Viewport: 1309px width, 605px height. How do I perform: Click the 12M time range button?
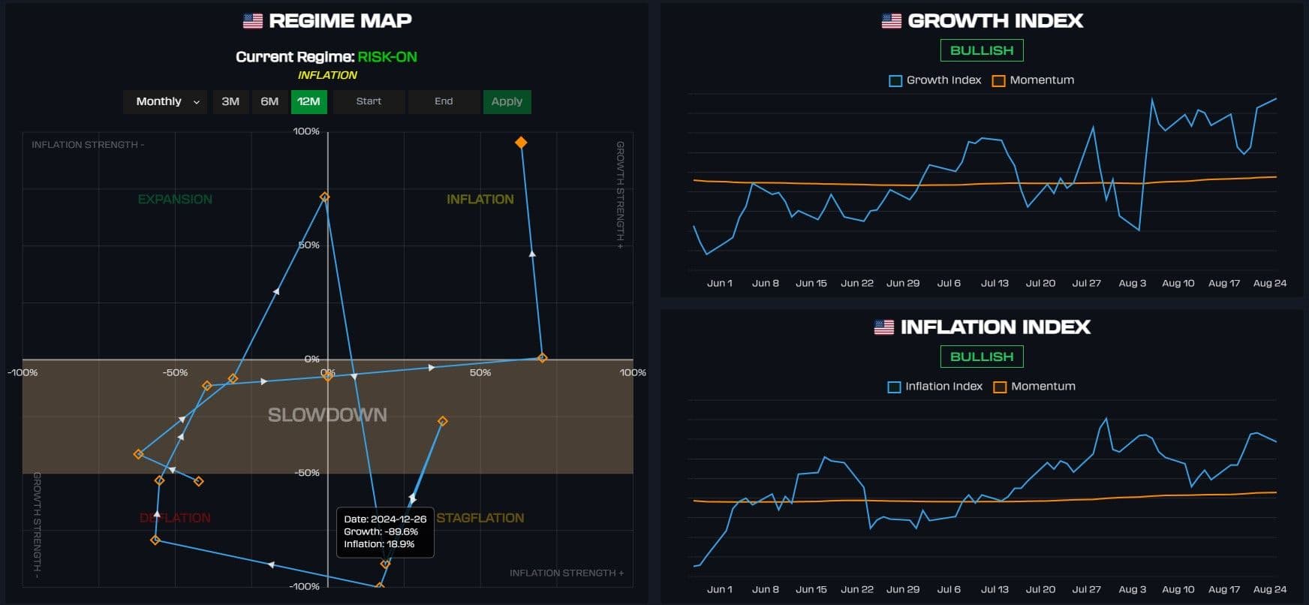pyautogui.click(x=308, y=101)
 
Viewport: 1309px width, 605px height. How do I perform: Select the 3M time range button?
pyautogui.click(x=230, y=101)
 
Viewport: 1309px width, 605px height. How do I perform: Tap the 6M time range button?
pyautogui.click(x=269, y=101)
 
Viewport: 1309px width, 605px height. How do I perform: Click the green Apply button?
pyautogui.click(x=507, y=101)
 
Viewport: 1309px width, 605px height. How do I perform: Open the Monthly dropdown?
pyautogui.click(x=167, y=101)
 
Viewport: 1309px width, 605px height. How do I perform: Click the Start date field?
pyautogui.click(x=369, y=101)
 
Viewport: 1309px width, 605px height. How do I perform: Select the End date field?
pyautogui.click(x=444, y=101)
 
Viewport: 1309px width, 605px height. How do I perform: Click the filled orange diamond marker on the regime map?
pyautogui.click(x=521, y=143)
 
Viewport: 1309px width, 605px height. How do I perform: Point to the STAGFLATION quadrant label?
pyautogui.click(x=480, y=518)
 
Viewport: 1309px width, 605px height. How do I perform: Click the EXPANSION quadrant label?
pyautogui.click(x=175, y=199)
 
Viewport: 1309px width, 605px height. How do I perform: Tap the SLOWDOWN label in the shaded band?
pyautogui.click(x=327, y=415)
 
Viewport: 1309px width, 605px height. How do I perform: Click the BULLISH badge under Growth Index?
pyautogui.click(x=982, y=50)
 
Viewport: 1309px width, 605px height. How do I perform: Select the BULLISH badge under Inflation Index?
pyautogui.click(x=982, y=357)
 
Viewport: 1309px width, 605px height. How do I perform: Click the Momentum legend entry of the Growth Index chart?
pyautogui.click(x=1034, y=80)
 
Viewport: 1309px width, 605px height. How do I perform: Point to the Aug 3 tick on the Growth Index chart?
pyautogui.click(x=1132, y=283)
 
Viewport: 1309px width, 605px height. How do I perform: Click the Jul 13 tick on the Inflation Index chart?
pyautogui.click(x=995, y=589)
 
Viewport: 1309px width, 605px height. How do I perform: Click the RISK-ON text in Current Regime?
pyautogui.click(x=387, y=57)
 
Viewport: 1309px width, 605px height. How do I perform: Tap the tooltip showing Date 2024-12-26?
pyautogui.click(x=385, y=531)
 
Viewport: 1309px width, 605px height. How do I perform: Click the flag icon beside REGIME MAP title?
pyautogui.click(x=253, y=21)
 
